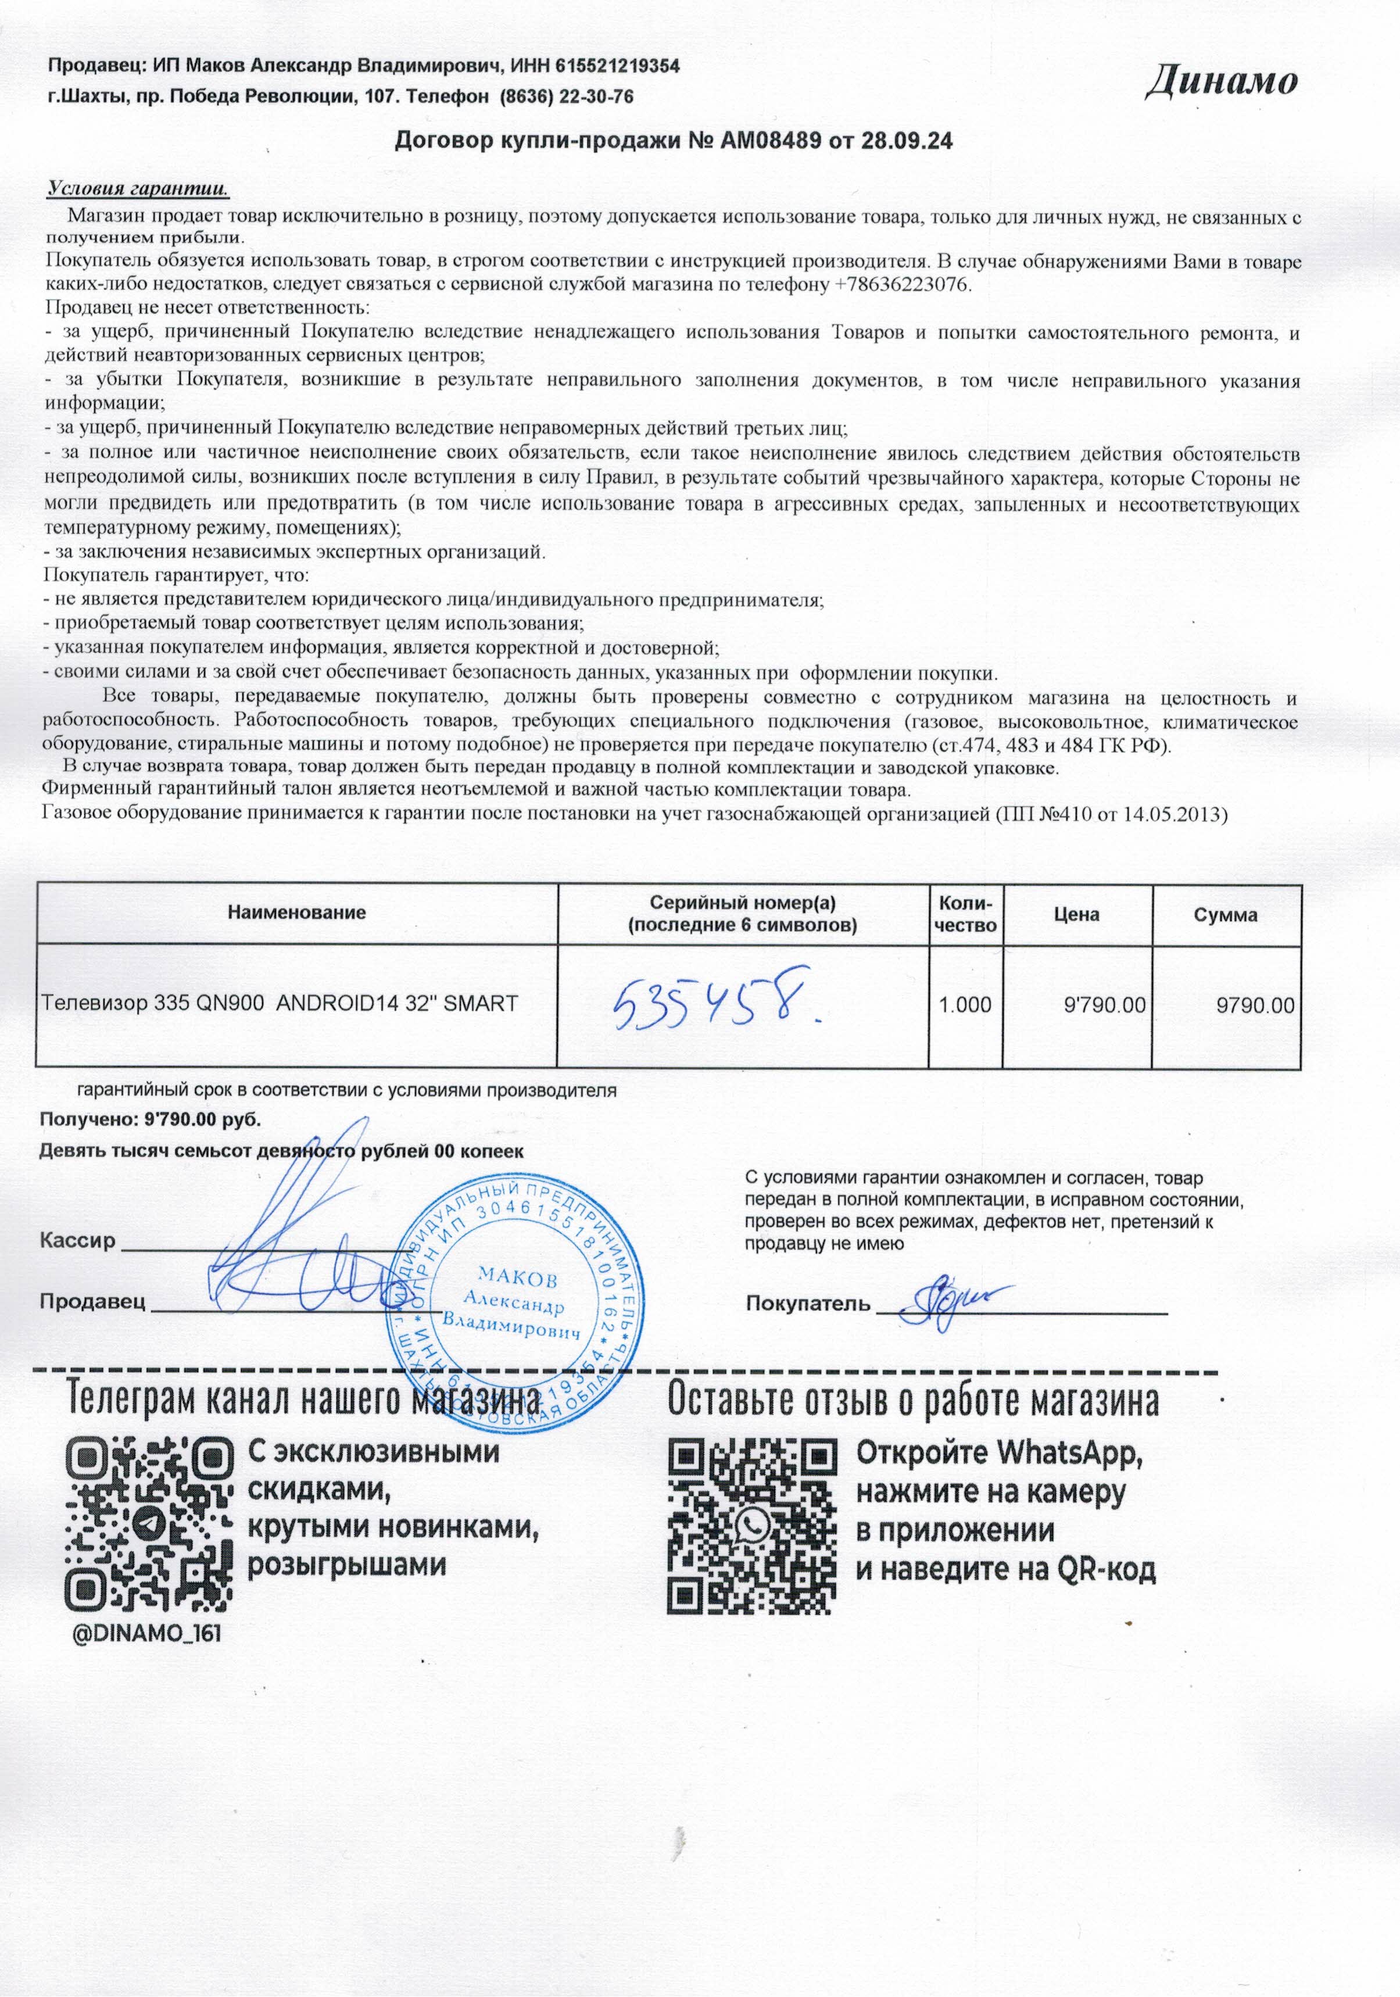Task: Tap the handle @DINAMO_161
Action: [145, 1633]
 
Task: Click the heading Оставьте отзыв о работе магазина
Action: [912, 1401]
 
